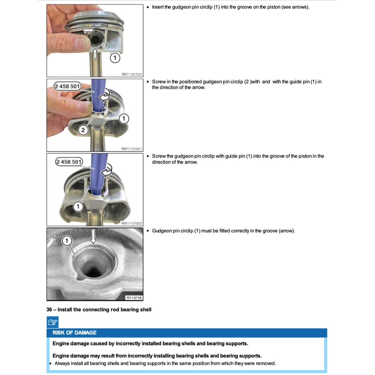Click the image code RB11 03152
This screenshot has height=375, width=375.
pyautogui.click(x=131, y=74)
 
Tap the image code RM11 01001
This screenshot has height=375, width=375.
pyautogui.click(x=131, y=149)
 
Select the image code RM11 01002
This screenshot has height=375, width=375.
pyautogui.click(x=131, y=223)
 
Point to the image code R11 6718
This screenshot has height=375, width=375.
pyautogui.click(x=134, y=298)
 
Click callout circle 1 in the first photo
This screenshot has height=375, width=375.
pyautogui.click(x=115, y=58)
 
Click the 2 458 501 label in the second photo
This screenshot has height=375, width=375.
pyautogui.click(x=68, y=86)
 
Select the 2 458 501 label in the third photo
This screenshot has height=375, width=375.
pyautogui.click(x=68, y=162)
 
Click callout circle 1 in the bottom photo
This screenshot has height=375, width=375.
pyautogui.click(x=67, y=240)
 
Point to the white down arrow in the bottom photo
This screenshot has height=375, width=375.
pyautogui.click(x=94, y=237)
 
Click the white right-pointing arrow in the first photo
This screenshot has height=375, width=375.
pyautogui.click(x=89, y=29)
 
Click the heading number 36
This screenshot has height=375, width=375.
pyautogui.click(x=49, y=310)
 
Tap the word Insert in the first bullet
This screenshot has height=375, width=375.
pyautogui.click(x=158, y=7)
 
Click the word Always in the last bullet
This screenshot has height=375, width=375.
pyautogui.click(x=62, y=364)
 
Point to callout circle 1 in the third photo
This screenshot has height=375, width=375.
pyautogui.click(x=78, y=206)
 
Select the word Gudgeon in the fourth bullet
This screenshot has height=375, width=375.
pyautogui.click(x=161, y=231)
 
